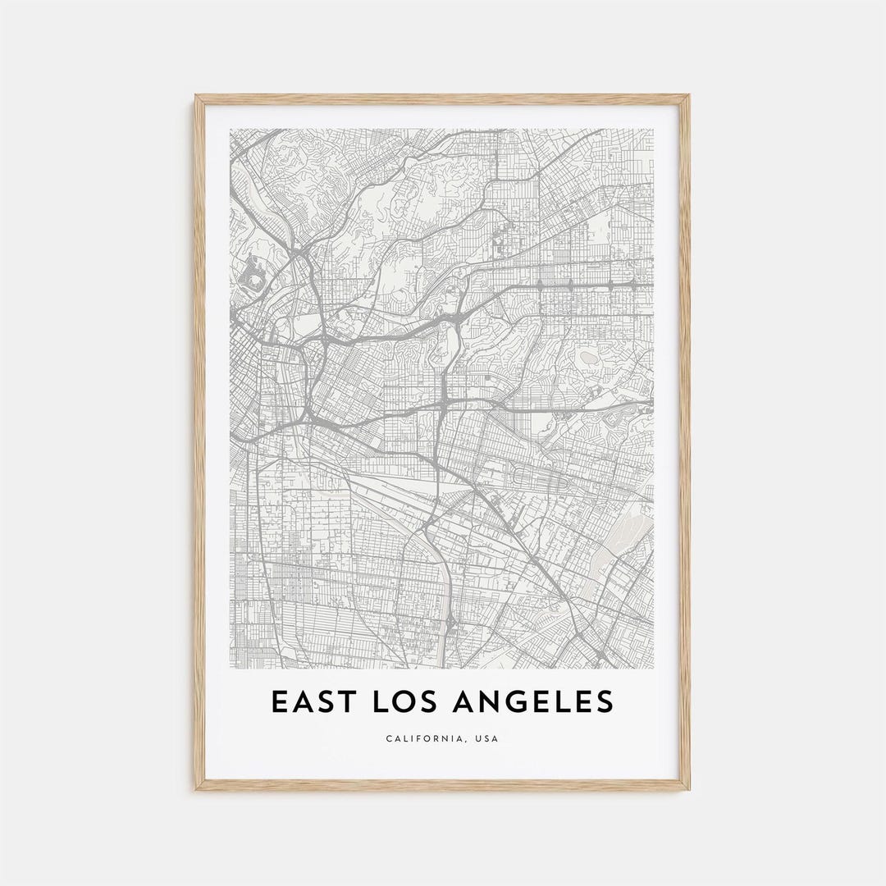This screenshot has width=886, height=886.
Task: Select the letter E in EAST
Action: point(279,701)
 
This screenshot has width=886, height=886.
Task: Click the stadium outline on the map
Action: point(253,281)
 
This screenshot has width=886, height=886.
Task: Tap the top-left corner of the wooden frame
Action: point(196,96)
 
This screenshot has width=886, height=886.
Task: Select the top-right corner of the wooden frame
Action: point(689,96)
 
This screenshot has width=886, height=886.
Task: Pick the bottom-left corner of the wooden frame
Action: point(196,789)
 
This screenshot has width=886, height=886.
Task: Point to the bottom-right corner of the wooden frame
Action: point(689,789)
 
